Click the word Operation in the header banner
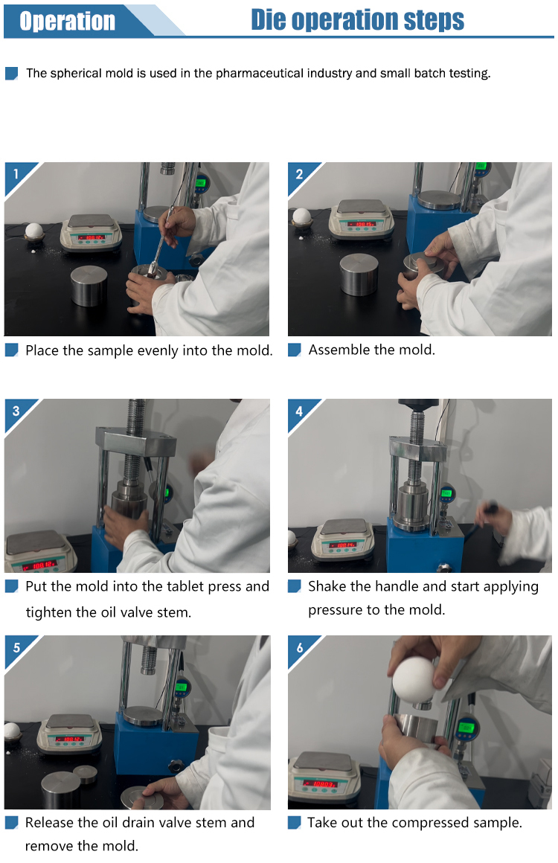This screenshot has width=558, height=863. pos(67,21)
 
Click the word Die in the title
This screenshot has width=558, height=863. pos(269,19)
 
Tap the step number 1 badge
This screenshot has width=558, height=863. pos(16,174)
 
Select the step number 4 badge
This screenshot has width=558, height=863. pos(299,411)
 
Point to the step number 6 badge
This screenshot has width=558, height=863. pos(299,648)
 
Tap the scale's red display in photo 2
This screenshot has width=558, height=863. pos(363,224)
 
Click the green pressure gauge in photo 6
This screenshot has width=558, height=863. pos(466,728)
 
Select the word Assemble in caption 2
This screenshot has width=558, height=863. pos(337,350)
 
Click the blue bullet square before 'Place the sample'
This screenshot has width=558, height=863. pos(12,350)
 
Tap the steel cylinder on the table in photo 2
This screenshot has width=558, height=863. pos(359,274)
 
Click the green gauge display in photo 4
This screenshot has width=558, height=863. pos(446,493)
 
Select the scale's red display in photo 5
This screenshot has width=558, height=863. pos(70,739)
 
